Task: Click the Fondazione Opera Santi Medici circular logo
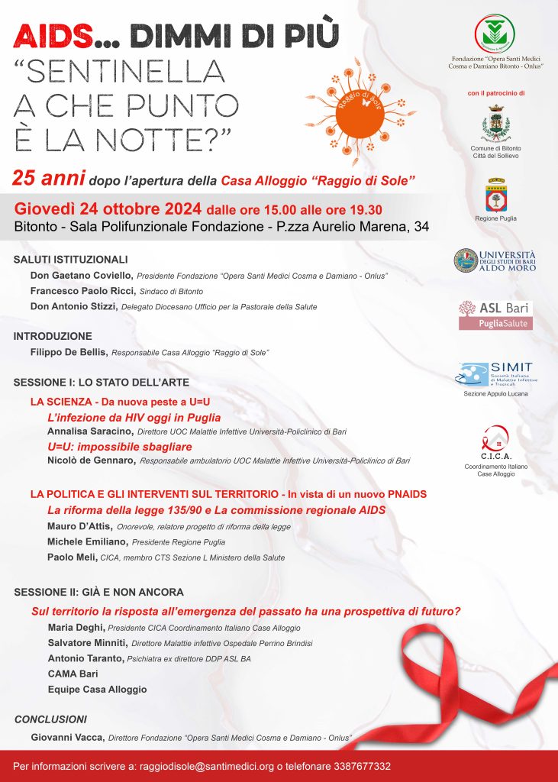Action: (494, 34)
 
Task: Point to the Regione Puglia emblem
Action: (497, 195)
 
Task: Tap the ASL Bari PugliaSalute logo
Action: (495, 315)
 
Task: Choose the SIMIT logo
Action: (495, 374)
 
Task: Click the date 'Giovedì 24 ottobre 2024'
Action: (108, 208)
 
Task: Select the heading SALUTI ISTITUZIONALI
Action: (71, 260)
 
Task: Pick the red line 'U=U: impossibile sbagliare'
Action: (119, 446)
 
